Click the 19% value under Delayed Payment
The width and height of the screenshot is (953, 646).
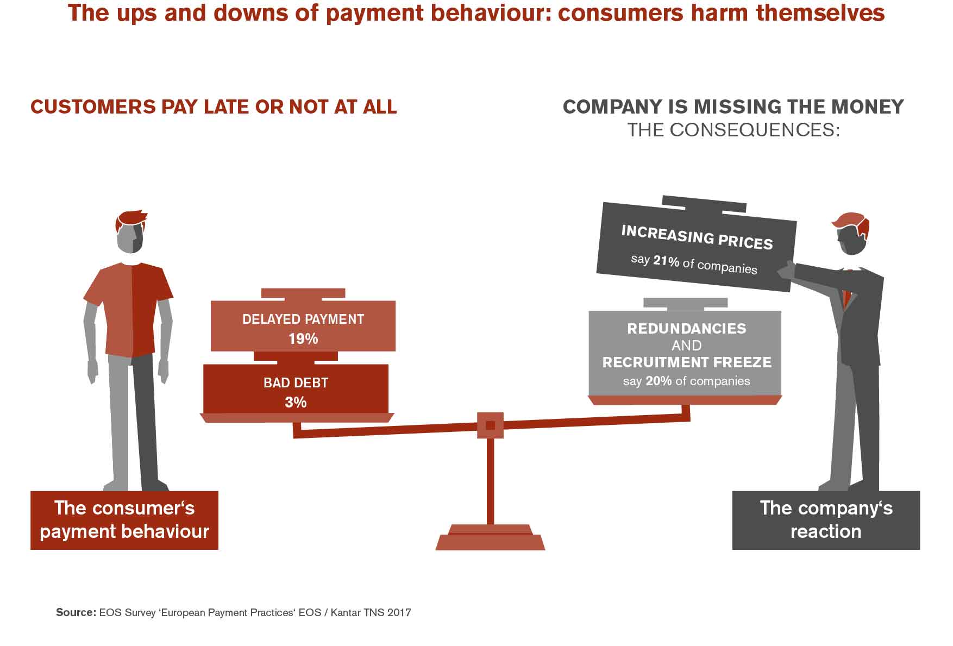tap(303, 339)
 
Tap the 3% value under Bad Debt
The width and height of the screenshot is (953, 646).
tap(296, 402)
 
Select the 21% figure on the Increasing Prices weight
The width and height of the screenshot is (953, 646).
tap(666, 261)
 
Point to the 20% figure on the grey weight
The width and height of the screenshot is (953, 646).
tap(659, 381)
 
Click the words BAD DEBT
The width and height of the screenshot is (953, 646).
tap(296, 382)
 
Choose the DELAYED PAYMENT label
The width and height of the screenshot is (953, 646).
tap(303, 319)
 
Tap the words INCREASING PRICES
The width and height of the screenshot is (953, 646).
tap(697, 237)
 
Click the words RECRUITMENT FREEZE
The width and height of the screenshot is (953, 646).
tap(687, 362)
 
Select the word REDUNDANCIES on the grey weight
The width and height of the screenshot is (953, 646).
tap(687, 329)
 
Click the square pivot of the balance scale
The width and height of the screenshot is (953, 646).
tap(490, 425)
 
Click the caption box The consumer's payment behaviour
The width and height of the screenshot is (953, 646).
tap(124, 520)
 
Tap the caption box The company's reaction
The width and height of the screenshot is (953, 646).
tap(825, 520)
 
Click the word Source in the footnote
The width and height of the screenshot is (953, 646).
tap(76, 612)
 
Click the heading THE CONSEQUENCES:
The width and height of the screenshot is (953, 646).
tap(733, 130)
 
